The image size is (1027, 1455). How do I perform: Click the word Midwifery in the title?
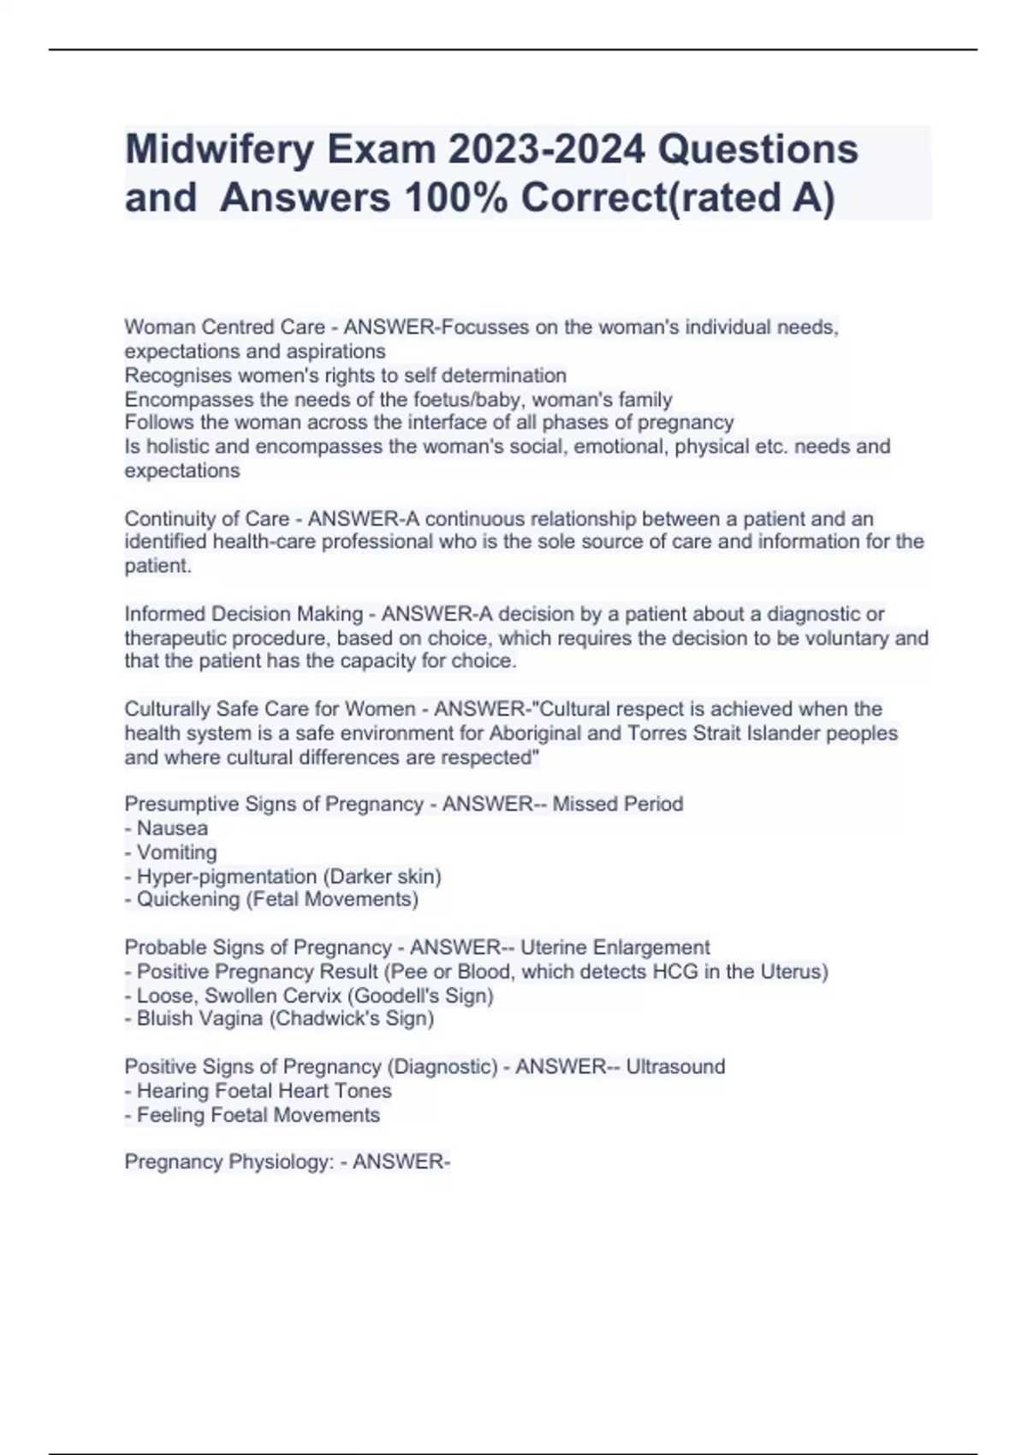(x=220, y=151)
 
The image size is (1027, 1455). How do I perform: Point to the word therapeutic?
(x=175, y=638)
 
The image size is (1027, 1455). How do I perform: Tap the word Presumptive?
(x=181, y=804)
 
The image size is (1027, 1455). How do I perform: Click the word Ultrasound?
(x=675, y=1066)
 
